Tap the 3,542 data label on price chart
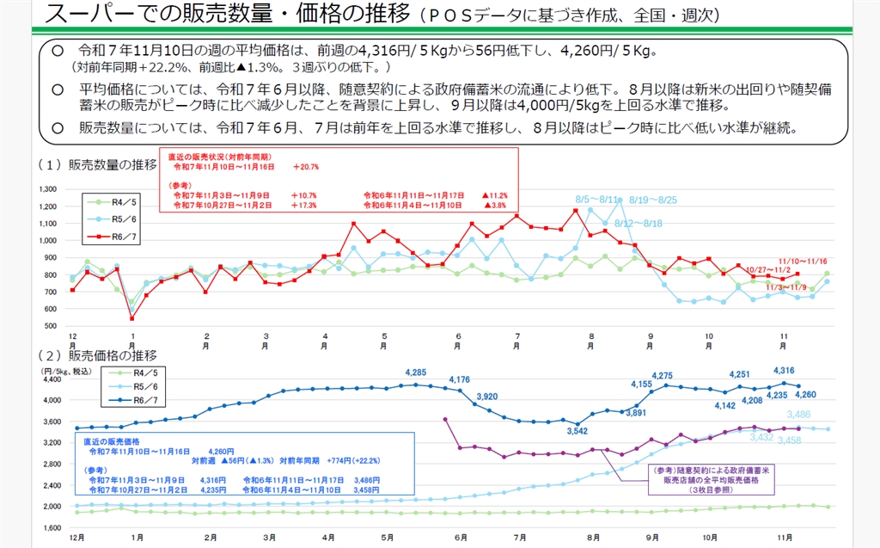pyautogui.click(x=577, y=430)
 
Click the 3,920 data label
pyautogui.click(x=486, y=396)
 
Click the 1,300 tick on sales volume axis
pyautogui.click(x=47, y=188)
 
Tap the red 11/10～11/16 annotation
pyautogui.click(x=803, y=260)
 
